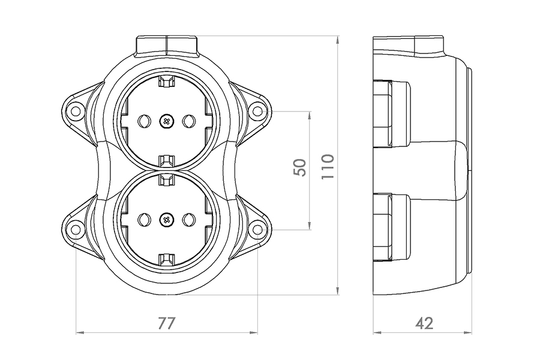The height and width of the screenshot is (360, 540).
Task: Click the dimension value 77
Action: (167, 323)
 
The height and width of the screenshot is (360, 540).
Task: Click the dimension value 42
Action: (424, 323)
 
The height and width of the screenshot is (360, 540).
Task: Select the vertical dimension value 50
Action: (300, 167)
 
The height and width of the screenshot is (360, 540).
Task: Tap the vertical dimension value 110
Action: (328, 166)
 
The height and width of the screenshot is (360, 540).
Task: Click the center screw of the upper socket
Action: (167, 121)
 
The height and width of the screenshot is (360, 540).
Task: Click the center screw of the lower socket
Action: (167, 220)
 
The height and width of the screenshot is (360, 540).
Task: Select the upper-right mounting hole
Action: (257, 111)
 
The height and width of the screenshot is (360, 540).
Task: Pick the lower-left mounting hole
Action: (76, 229)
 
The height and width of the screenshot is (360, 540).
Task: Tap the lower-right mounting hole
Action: (258, 229)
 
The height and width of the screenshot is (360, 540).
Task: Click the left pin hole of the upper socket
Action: (144, 121)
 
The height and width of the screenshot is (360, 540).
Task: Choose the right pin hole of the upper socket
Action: (189, 121)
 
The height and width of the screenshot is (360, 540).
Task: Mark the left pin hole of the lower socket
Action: (144, 220)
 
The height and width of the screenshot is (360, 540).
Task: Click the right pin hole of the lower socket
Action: (189, 220)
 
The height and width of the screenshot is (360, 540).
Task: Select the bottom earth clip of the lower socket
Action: (167, 259)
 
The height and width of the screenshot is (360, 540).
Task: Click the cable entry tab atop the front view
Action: (167, 45)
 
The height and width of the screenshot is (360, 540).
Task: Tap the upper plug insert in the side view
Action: (392, 113)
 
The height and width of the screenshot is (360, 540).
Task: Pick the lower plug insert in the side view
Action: (392, 227)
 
